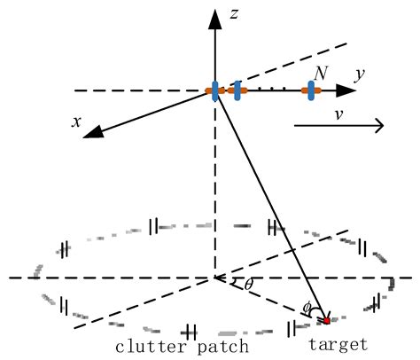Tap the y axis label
[360, 76]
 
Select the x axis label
[77, 121]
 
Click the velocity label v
[339, 114]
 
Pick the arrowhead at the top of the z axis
[214, 15]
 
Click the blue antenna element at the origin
[215, 90]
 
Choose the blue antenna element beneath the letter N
[310, 90]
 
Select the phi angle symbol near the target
[307, 308]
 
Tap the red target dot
[326, 320]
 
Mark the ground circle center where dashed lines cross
[214, 278]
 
